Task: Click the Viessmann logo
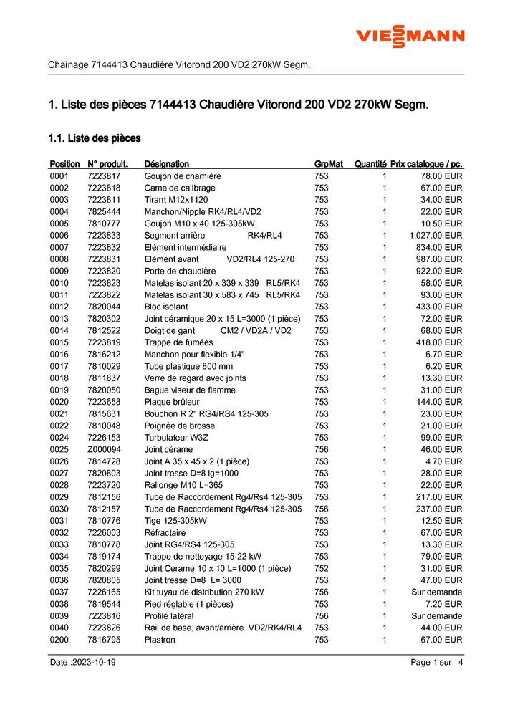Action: [410, 35]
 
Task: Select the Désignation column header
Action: [166, 164]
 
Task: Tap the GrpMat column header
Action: [329, 164]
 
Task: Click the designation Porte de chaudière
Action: [180, 271]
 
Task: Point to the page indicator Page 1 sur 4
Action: [437, 663]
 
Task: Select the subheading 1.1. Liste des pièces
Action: [94, 138]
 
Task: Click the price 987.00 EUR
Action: [439, 259]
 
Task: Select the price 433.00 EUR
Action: [439, 307]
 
